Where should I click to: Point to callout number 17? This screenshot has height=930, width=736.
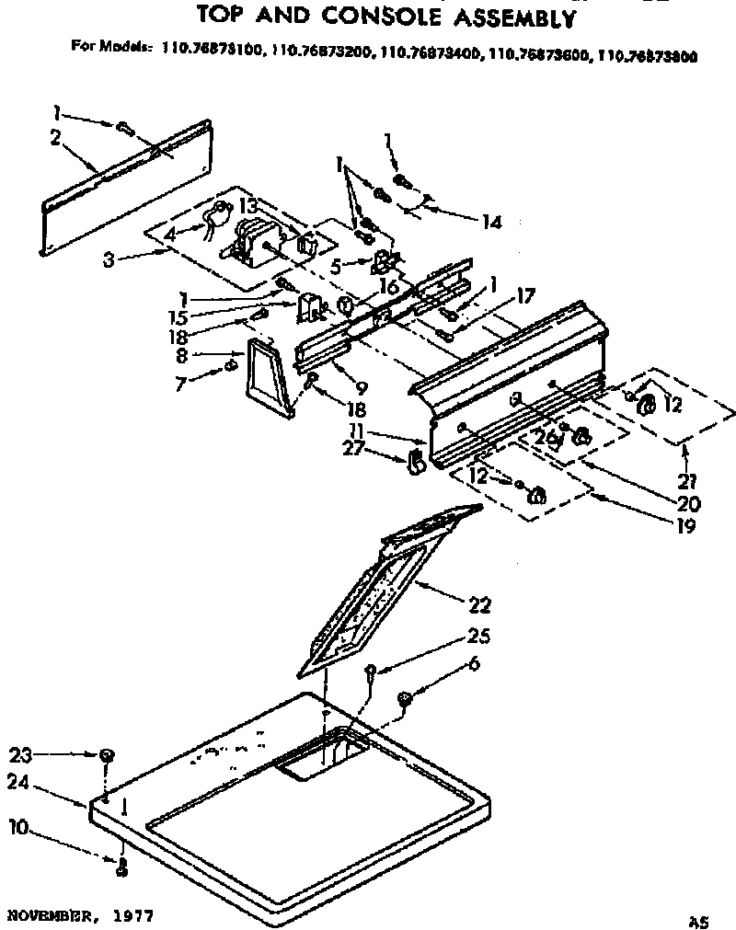pyautogui.click(x=524, y=296)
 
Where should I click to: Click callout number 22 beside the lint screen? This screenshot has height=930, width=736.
pyautogui.click(x=479, y=605)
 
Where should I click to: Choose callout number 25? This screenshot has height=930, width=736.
pyautogui.click(x=479, y=637)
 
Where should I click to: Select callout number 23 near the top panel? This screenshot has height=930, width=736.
pyautogui.click(x=20, y=755)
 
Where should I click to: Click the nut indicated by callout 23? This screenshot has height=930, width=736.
pyautogui.click(x=107, y=756)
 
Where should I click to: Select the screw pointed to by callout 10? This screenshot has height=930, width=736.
pyautogui.click(x=121, y=862)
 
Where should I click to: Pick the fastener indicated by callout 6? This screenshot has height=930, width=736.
pyautogui.click(x=404, y=701)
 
